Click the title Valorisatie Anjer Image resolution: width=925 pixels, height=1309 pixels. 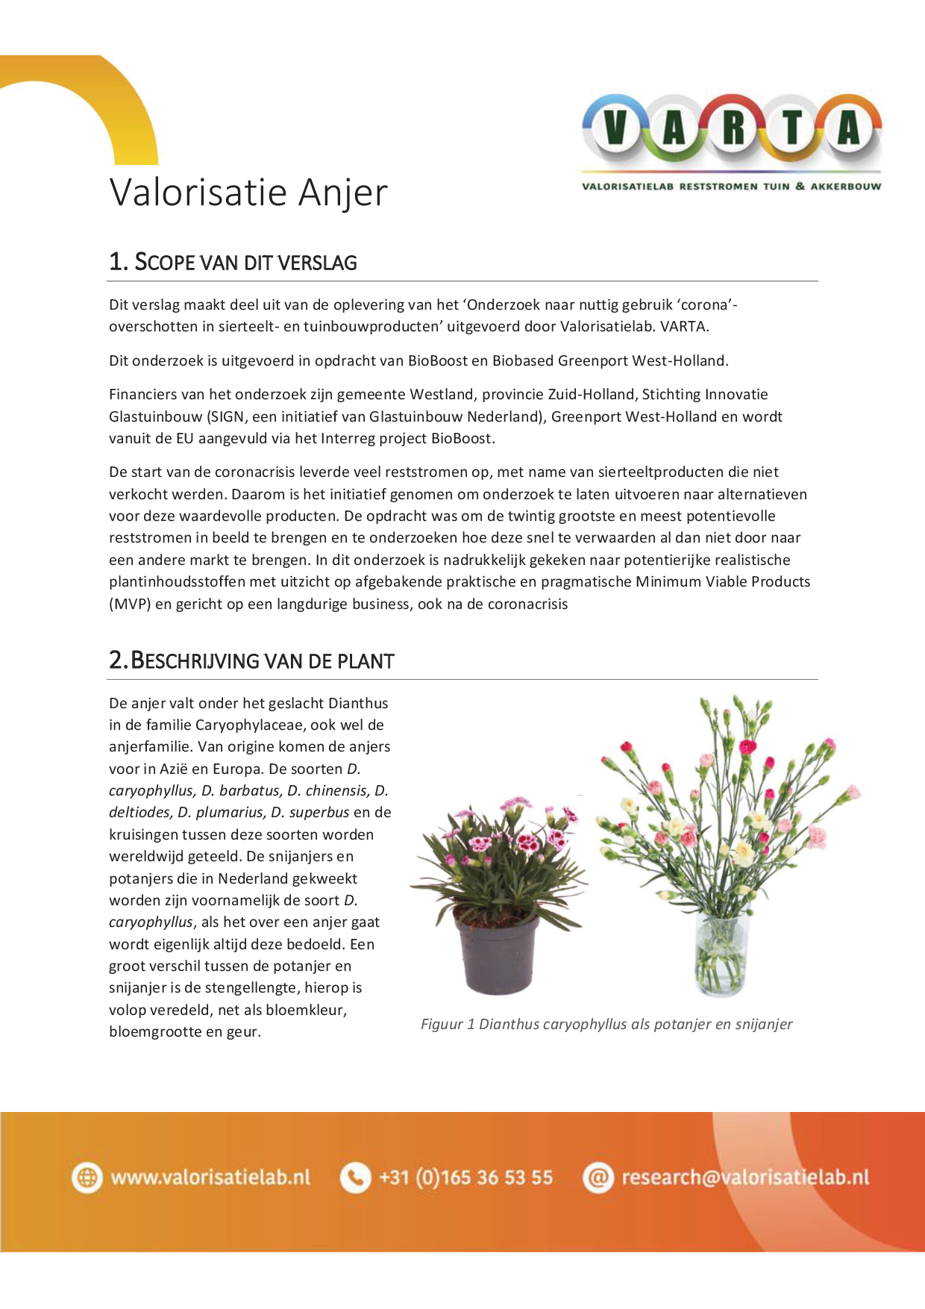pos(248,193)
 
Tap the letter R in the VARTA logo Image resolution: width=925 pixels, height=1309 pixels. pos(733,128)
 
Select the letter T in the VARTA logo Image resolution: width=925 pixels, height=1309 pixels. pos(792,128)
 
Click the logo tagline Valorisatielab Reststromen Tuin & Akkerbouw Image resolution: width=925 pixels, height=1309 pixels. pos(731,187)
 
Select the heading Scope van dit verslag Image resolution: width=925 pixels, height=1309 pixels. pos(233,262)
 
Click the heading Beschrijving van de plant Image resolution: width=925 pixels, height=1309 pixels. pos(251,660)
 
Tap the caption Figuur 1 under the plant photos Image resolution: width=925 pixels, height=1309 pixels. pos(606,1024)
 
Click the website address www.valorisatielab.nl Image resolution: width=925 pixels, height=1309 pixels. pos(210,1178)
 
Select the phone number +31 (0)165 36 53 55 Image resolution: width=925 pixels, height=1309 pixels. pos(465,1178)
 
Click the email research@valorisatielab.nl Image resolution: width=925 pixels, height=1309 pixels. pos(745,1178)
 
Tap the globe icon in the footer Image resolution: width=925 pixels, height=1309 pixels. pos(87,1178)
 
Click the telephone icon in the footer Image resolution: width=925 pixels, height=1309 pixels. pos(355,1178)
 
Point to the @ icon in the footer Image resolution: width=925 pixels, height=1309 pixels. pos(598,1178)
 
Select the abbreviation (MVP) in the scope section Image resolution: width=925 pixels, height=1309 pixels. pos(130,604)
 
